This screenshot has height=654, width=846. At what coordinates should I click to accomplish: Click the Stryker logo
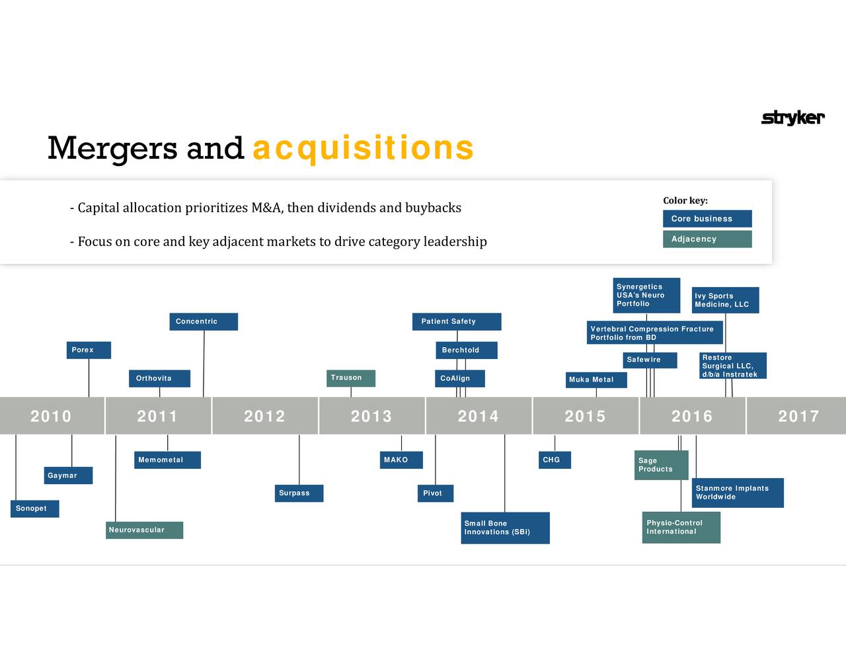[792, 118]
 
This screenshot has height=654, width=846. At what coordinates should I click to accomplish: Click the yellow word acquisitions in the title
[363, 148]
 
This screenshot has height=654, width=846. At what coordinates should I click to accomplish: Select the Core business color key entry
[707, 218]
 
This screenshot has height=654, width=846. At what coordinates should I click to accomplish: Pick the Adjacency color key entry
[707, 239]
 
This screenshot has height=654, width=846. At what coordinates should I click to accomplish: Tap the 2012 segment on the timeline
[265, 416]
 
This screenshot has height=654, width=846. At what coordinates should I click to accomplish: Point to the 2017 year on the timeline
[798, 416]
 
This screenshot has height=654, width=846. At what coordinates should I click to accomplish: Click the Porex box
[89, 350]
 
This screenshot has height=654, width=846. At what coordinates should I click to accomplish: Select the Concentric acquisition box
[204, 321]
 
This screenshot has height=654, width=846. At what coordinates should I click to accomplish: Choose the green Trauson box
[351, 378]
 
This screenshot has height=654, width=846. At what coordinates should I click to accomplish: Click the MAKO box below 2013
[401, 460]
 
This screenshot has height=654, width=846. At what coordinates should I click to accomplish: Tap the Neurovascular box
[145, 530]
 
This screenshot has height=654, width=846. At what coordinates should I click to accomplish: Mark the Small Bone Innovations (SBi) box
[506, 528]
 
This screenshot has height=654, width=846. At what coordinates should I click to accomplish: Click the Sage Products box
[661, 465]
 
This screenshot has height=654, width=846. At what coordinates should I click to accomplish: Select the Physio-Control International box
[681, 527]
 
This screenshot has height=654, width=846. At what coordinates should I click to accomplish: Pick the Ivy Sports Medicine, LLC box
[725, 300]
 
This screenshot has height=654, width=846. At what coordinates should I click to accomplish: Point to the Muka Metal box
[596, 380]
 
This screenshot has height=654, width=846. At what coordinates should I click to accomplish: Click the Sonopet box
[34, 509]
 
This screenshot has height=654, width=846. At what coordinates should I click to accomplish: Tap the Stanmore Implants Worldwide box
[738, 493]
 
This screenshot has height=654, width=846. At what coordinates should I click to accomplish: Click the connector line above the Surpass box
[299, 460]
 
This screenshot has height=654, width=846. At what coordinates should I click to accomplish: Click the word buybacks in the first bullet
[434, 208]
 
